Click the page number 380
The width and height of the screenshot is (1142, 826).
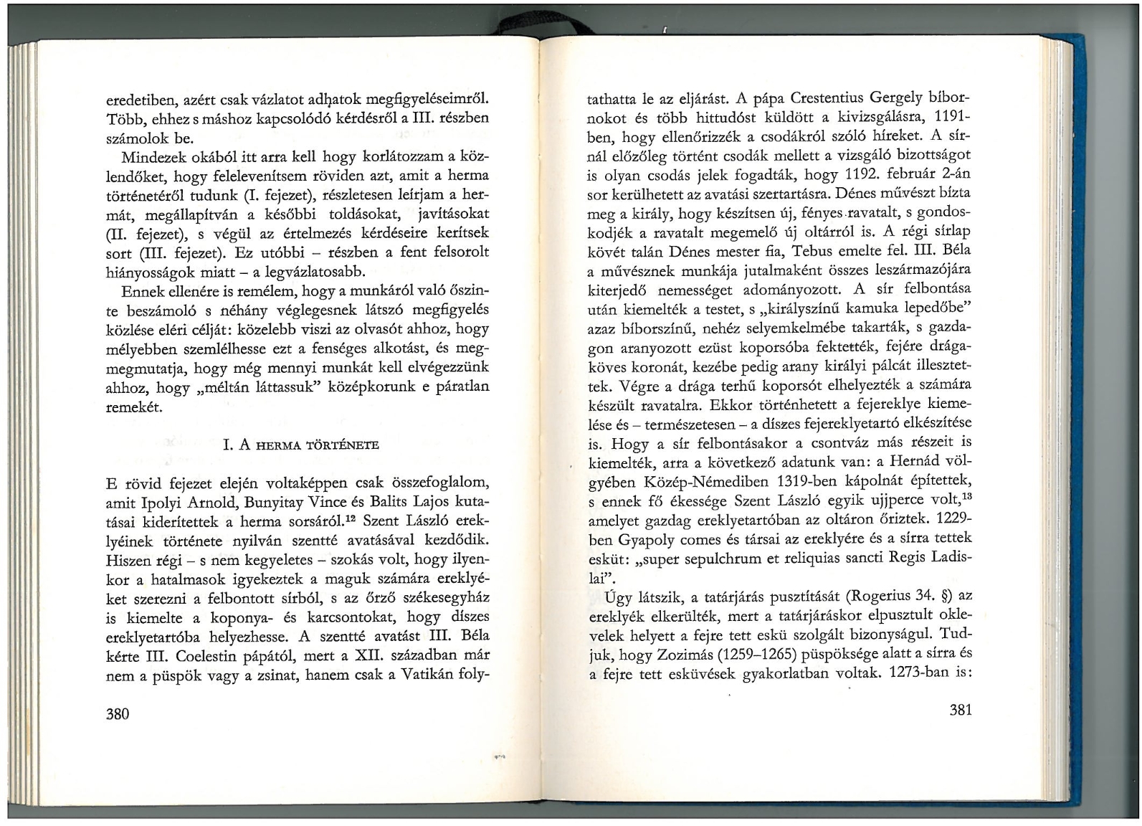(118, 713)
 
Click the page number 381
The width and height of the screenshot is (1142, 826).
(960, 710)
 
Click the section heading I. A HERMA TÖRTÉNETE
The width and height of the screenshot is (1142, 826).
(301, 445)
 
